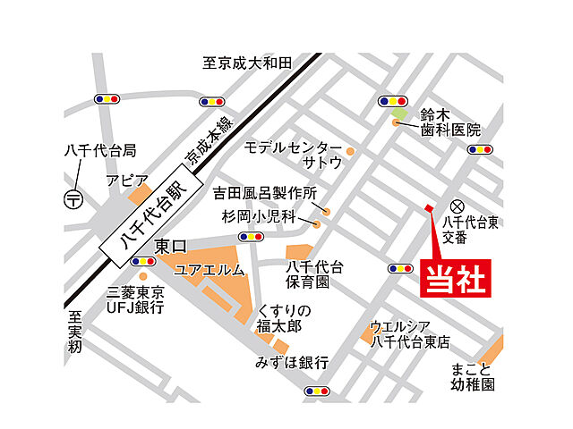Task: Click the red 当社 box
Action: (456, 277)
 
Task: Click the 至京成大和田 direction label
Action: (247, 63)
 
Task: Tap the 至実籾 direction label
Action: (74, 330)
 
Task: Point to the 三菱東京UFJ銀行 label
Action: (135, 299)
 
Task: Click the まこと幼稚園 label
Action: (473, 377)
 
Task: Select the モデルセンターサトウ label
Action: (294, 155)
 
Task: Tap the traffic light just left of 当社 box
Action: (399, 268)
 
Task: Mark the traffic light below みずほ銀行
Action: (316, 391)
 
